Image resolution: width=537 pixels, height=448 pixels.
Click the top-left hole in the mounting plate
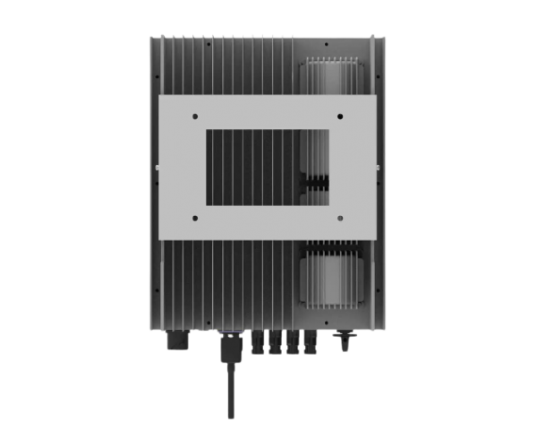tap(193, 115)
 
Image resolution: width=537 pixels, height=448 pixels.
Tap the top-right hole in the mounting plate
tap(343, 115)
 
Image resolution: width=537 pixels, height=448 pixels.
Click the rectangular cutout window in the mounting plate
tap(268, 167)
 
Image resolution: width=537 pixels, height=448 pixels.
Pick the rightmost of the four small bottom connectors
tap(312, 340)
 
